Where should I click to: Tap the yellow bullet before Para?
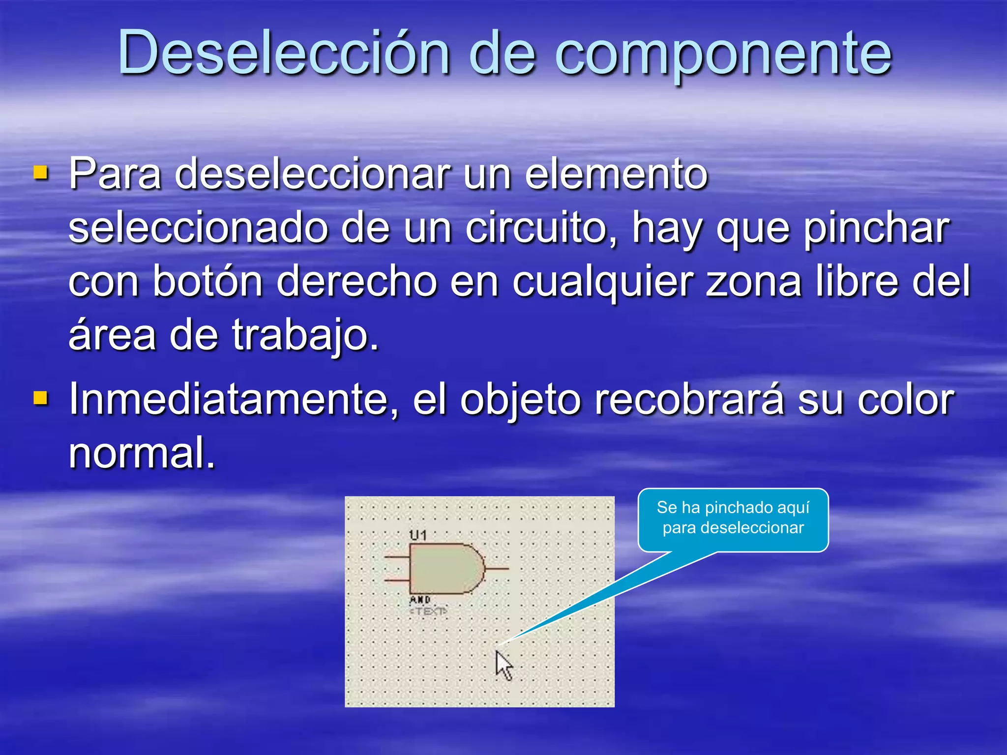[x=41, y=173]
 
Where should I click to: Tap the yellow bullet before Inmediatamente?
[x=41, y=398]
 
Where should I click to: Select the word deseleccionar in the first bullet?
[x=312, y=174]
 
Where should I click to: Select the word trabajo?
[x=305, y=336]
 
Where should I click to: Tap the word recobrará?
[x=689, y=400]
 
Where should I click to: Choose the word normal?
[x=142, y=453]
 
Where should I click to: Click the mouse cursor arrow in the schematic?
[x=503, y=665]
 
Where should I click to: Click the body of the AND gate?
[x=443, y=569]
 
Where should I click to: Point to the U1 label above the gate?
[x=418, y=535]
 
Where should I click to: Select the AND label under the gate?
[x=420, y=600]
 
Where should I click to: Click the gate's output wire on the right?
[x=497, y=569]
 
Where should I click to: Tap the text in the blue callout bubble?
[x=733, y=518]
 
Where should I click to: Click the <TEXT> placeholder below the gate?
[x=428, y=611]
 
